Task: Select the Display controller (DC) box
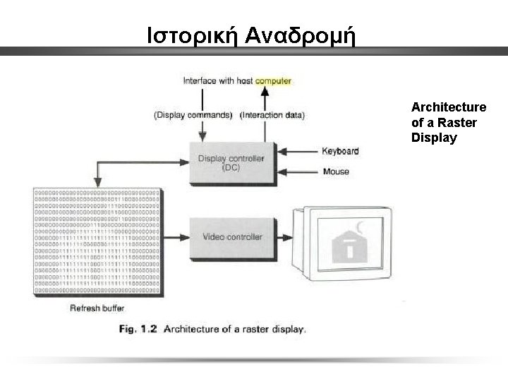pos(231,163)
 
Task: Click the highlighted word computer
pos(273,81)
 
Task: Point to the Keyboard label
pos(340,151)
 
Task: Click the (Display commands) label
pos(193,116)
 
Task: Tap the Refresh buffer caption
pos(97,308)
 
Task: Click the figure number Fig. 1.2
pos(139,329)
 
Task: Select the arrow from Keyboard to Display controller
pos(296,151)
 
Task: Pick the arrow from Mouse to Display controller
pos(296,171)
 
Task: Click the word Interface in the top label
pos(200,81)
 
